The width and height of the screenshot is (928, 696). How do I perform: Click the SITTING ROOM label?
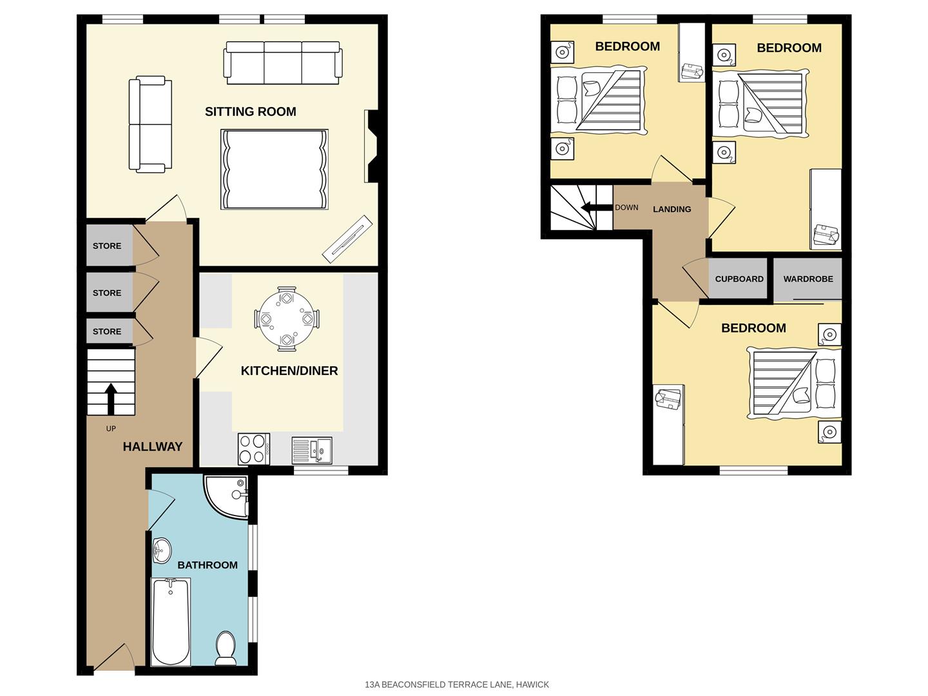point(250,111)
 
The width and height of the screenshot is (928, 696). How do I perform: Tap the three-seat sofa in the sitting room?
point(282,63)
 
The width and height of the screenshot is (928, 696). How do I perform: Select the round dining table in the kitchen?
point(286,319)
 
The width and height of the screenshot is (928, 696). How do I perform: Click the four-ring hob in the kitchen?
point(253,449)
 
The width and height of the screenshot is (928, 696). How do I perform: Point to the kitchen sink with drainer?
point(311,450)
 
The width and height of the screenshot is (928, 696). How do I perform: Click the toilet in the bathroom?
point(226,648)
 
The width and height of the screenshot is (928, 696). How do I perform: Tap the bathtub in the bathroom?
point(171,622)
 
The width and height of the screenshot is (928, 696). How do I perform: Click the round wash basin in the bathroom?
point(162,551)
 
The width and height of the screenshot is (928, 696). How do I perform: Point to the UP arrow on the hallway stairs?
point(110,398)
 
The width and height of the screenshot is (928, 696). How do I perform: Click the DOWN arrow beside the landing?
point(590,207)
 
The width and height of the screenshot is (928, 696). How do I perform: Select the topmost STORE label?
point(107,246)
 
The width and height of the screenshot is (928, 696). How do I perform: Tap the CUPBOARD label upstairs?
point(739,279)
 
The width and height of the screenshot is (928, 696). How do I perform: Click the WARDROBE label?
point(808,279)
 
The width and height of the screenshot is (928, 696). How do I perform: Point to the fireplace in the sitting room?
point(372,146)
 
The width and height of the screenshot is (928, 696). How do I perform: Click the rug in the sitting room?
point(275,169)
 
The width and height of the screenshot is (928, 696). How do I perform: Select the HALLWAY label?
point(153,447)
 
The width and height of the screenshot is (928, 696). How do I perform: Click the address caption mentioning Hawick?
point(457,684)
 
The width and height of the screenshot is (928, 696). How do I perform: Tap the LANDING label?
point(672,209)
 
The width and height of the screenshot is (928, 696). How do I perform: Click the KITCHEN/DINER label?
point(289,371)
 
